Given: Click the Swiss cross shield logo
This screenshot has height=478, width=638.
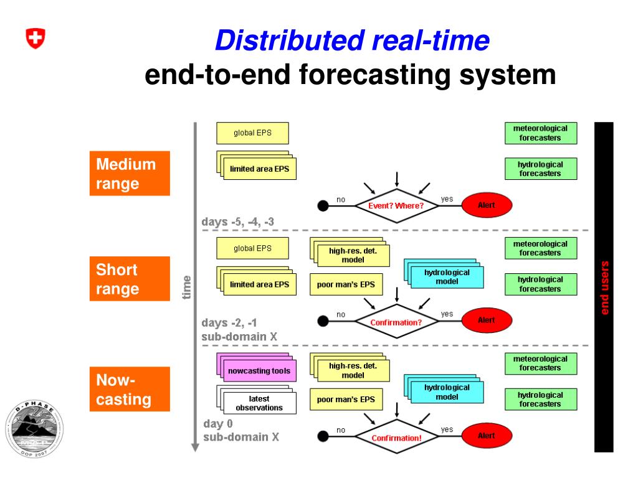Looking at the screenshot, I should point(36,39).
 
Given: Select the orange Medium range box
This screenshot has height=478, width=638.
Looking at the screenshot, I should point(130,174).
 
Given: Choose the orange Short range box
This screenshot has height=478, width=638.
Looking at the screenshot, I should point(130,279).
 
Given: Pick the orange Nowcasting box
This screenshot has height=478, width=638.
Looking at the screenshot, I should point(130,389).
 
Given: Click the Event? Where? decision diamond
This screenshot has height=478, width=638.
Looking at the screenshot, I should point(396,205).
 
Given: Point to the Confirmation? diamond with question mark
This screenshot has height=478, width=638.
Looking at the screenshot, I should point(396,322).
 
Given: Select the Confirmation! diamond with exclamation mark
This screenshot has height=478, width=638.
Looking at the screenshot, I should point(396,438).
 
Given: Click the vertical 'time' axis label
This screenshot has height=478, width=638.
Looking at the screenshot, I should point(187,288).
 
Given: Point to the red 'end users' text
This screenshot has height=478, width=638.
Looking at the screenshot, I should point(604,288).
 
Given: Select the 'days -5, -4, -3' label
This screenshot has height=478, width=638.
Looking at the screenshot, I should point(237,222).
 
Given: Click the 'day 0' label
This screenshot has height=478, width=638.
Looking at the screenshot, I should point(218,424).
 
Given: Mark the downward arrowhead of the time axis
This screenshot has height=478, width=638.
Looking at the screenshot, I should point(195,446).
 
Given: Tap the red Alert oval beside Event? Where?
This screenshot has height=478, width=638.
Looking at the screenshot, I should point(486,205).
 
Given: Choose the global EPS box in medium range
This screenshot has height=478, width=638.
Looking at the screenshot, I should point(252,133).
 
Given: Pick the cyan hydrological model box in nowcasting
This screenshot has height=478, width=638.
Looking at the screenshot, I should point(447,392).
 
